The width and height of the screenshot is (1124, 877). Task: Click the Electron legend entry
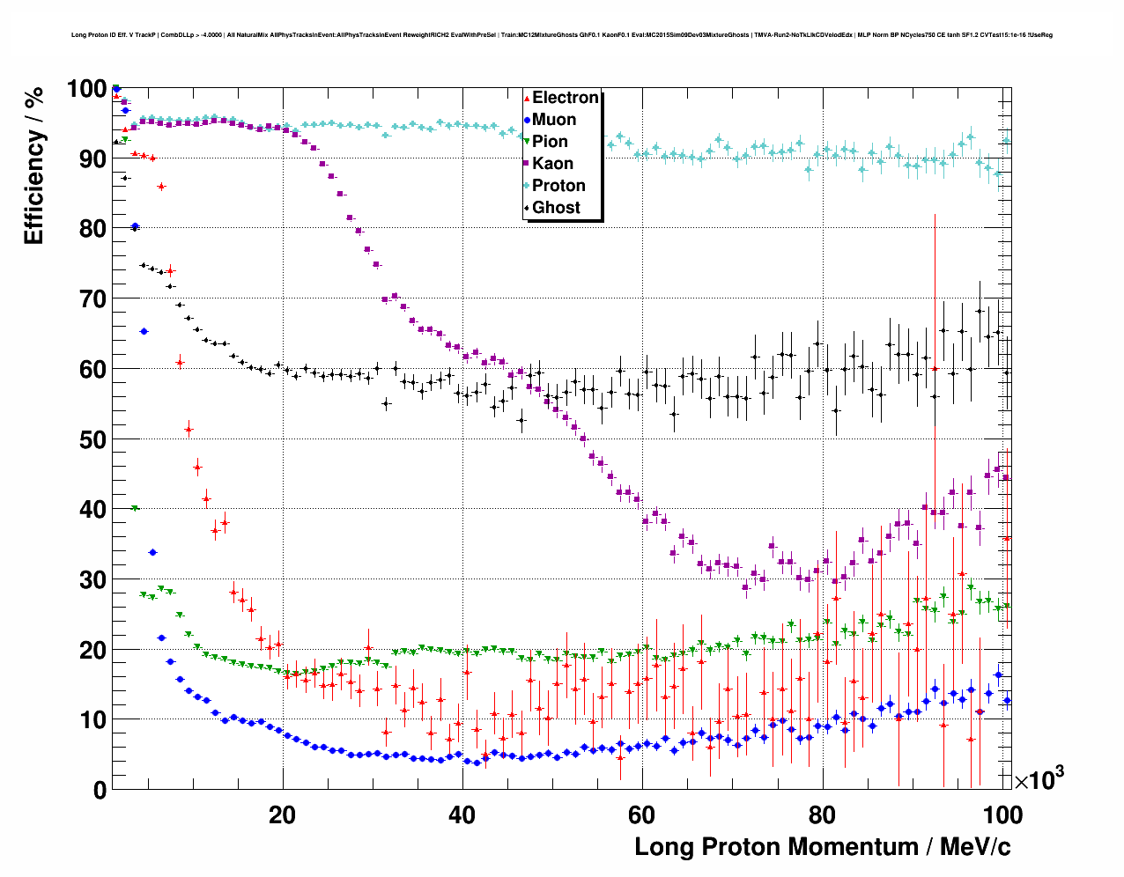tap(565, 98)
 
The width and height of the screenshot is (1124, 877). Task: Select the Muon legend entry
tap(554, 120)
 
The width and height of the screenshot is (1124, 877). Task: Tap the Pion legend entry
tap(550, 142)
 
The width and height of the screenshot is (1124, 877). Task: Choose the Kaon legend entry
tap(552, 164)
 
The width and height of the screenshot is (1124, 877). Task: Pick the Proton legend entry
tap(558, 186)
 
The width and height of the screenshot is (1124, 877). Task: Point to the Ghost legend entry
tap(556, 208)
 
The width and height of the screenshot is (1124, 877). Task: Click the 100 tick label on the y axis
tap(86, 89)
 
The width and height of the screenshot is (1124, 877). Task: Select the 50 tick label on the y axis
tap(92, 439)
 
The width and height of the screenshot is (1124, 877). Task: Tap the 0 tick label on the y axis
tap(100, 790)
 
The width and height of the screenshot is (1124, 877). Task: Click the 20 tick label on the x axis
tap(282, 814)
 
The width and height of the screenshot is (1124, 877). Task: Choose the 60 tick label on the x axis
tap(642, 814)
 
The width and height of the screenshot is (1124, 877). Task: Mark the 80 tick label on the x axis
tap(822, 814)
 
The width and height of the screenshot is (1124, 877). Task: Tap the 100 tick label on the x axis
tap(1002, 814)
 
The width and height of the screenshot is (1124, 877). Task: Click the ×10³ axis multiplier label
tap(1039, 779)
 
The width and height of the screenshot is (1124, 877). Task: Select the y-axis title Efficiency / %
tap(34, 165)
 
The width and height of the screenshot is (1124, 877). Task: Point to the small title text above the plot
tap(561, 35)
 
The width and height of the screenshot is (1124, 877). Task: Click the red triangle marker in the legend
tap(527, 98)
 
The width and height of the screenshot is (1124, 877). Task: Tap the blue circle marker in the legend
tap(527, 120)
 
